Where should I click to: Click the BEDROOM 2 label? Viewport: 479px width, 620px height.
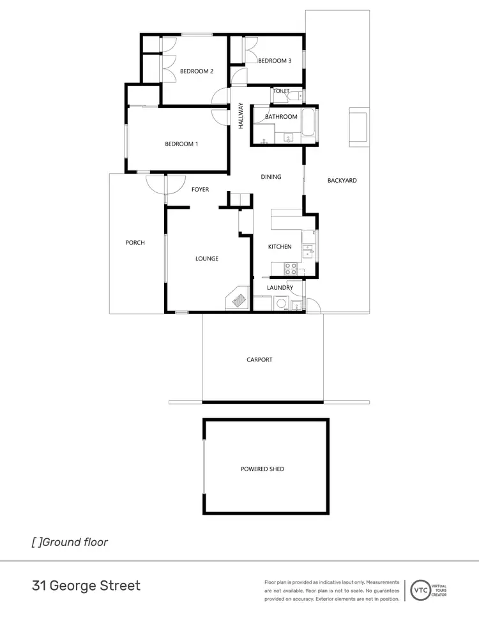[196, 72]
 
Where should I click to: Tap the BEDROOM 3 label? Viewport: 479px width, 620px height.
[275, 61]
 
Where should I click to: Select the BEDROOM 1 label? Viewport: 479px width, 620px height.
[181, 144]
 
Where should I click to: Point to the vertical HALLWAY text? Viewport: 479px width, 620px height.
[241, 117]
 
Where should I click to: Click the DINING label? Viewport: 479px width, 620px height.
[271, 177]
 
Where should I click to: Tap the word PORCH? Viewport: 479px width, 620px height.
[135, 243]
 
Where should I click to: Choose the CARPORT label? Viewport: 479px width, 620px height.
[259, 360]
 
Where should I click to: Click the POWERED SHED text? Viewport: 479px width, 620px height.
[262, 469]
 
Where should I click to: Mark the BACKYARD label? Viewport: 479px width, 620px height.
[342, 181]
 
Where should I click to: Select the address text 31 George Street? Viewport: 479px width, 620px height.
[86, 585]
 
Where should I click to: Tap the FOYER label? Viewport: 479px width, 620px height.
[201, 190]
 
